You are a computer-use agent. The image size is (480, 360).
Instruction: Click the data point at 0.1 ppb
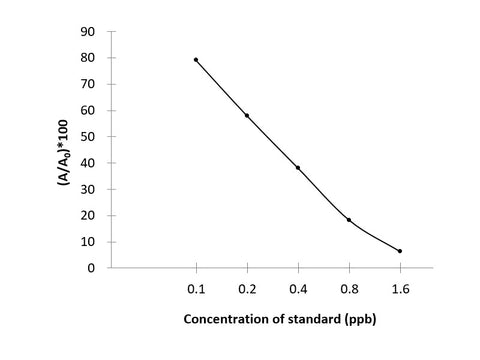196,60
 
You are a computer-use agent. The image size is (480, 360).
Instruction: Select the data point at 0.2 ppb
247,116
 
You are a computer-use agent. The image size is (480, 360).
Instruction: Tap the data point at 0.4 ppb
298,168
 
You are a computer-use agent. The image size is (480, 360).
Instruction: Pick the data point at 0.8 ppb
349,220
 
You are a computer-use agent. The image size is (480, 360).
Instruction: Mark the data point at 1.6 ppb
400,251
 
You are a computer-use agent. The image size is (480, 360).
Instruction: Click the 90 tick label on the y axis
88,32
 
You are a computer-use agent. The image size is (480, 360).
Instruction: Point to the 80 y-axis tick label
88,58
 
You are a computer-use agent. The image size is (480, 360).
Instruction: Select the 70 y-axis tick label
88,84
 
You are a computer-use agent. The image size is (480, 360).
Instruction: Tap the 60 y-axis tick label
88,111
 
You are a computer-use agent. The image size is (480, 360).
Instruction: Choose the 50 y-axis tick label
88,137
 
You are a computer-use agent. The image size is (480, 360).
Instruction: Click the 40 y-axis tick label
88,163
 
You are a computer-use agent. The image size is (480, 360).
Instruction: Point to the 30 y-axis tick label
88,189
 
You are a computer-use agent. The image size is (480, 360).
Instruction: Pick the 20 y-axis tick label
88,215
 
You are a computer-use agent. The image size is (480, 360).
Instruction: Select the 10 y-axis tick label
88,242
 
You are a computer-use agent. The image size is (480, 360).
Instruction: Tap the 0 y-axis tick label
91,268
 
